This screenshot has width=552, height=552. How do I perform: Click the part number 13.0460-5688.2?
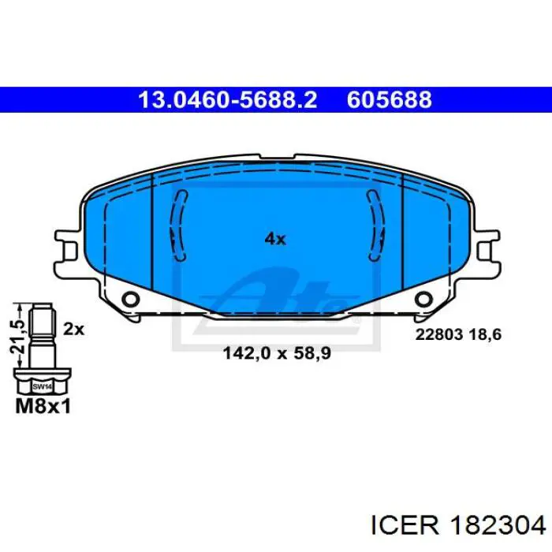click(228, 99)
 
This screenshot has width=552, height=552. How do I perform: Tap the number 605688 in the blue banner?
click(389, 99)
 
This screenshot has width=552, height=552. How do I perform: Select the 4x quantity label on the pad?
click(275, 240)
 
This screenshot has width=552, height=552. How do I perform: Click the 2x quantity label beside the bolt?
click(74, 330)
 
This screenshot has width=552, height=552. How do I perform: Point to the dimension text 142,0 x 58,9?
click(277, 353)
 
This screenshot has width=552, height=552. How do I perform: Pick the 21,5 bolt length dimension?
click(17, 337)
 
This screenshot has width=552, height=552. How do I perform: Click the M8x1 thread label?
click(43, 406)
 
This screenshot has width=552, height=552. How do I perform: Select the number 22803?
click(439, 334)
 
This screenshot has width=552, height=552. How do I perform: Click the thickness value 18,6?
click(485, 334)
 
